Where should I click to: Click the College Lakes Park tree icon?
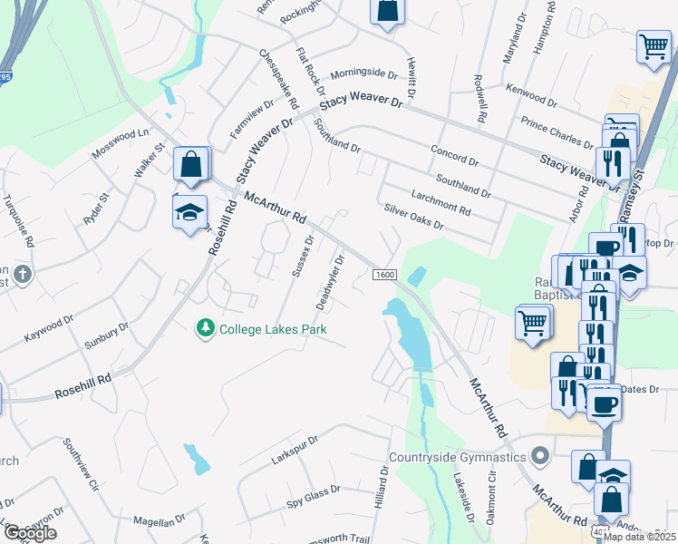207,328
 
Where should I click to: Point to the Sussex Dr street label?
302,255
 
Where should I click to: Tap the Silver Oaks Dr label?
413,217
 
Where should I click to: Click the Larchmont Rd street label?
441,199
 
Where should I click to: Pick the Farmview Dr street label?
250,119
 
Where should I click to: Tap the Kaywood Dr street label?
48,328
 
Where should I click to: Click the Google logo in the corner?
29,533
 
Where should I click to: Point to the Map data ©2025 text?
640,537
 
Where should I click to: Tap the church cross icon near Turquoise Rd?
22,273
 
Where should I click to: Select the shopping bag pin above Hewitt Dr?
387,11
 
